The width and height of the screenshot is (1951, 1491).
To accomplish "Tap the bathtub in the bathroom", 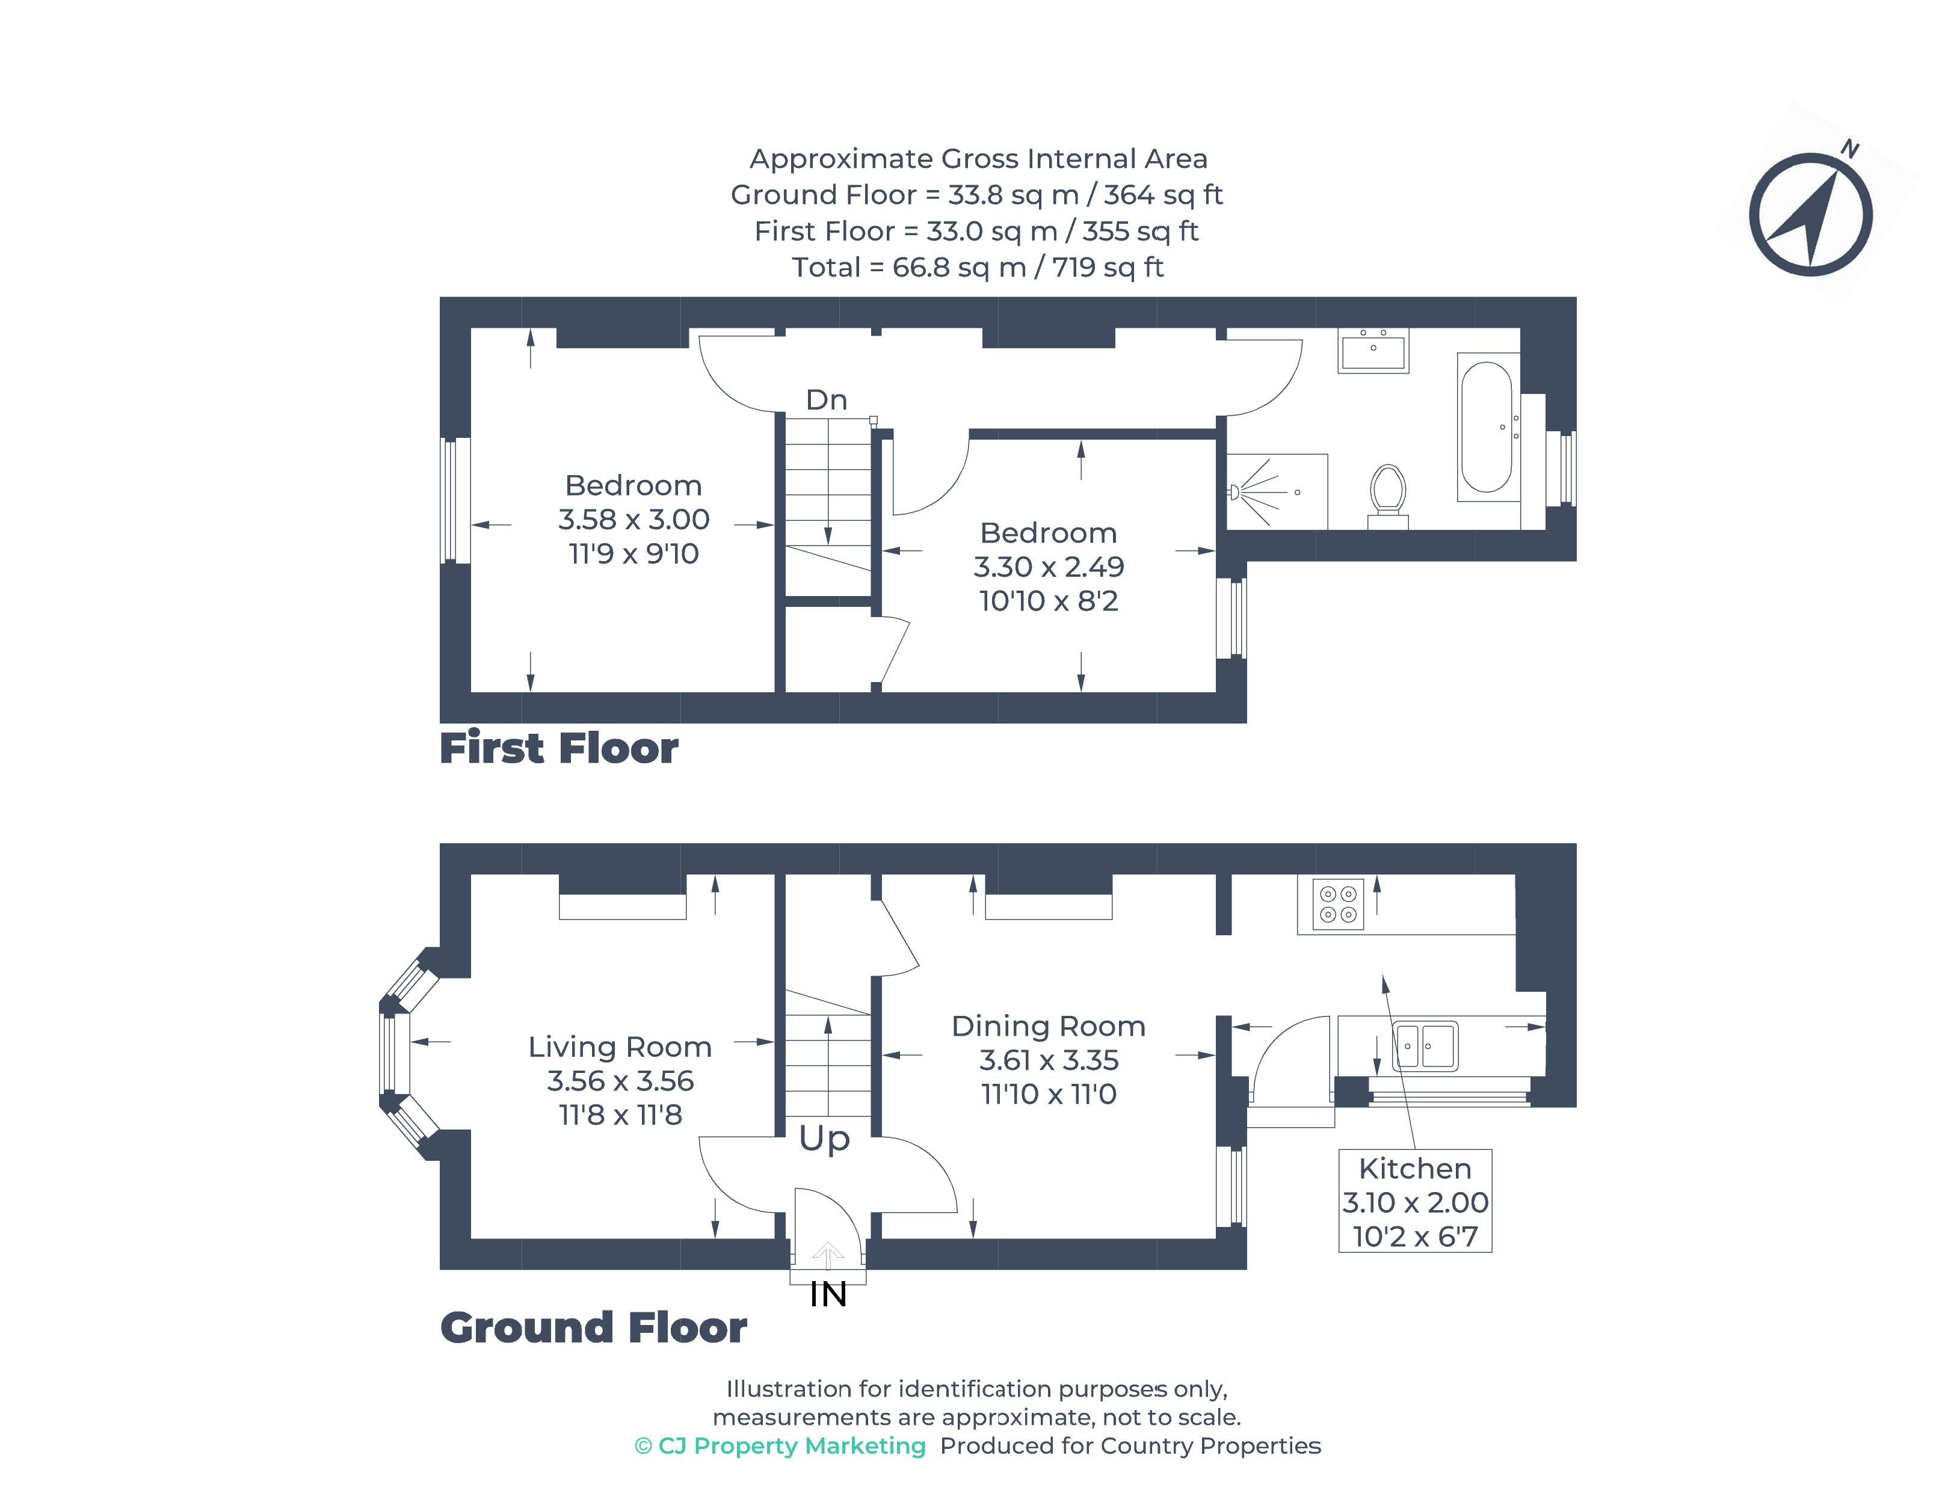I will tap(1486, 427).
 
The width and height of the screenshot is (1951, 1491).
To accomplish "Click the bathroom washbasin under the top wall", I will tap(1372, 349).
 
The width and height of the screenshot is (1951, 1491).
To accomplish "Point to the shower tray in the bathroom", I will tap(1277, 491).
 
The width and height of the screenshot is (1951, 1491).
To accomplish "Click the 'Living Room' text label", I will tap(620, 1047).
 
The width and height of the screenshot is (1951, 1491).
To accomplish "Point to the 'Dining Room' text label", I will tap(1047, 1026).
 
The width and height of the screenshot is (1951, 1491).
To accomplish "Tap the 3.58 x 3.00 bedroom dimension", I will tap(633, 519).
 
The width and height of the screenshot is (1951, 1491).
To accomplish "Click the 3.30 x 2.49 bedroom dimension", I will tap(1048, 566).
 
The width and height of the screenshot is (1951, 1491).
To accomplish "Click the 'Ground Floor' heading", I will tap(593, 1327).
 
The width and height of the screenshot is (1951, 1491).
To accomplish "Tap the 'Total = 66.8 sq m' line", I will tap(976, 267).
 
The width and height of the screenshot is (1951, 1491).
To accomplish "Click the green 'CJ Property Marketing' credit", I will tap(780, 1446).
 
